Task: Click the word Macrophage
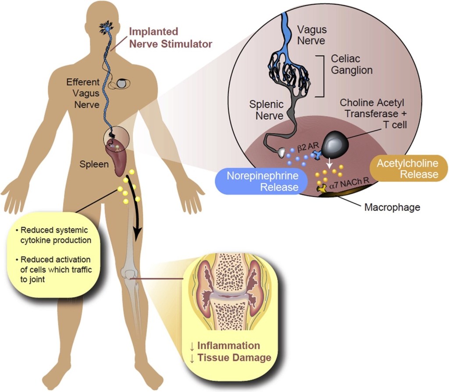click(x=392, y=207)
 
